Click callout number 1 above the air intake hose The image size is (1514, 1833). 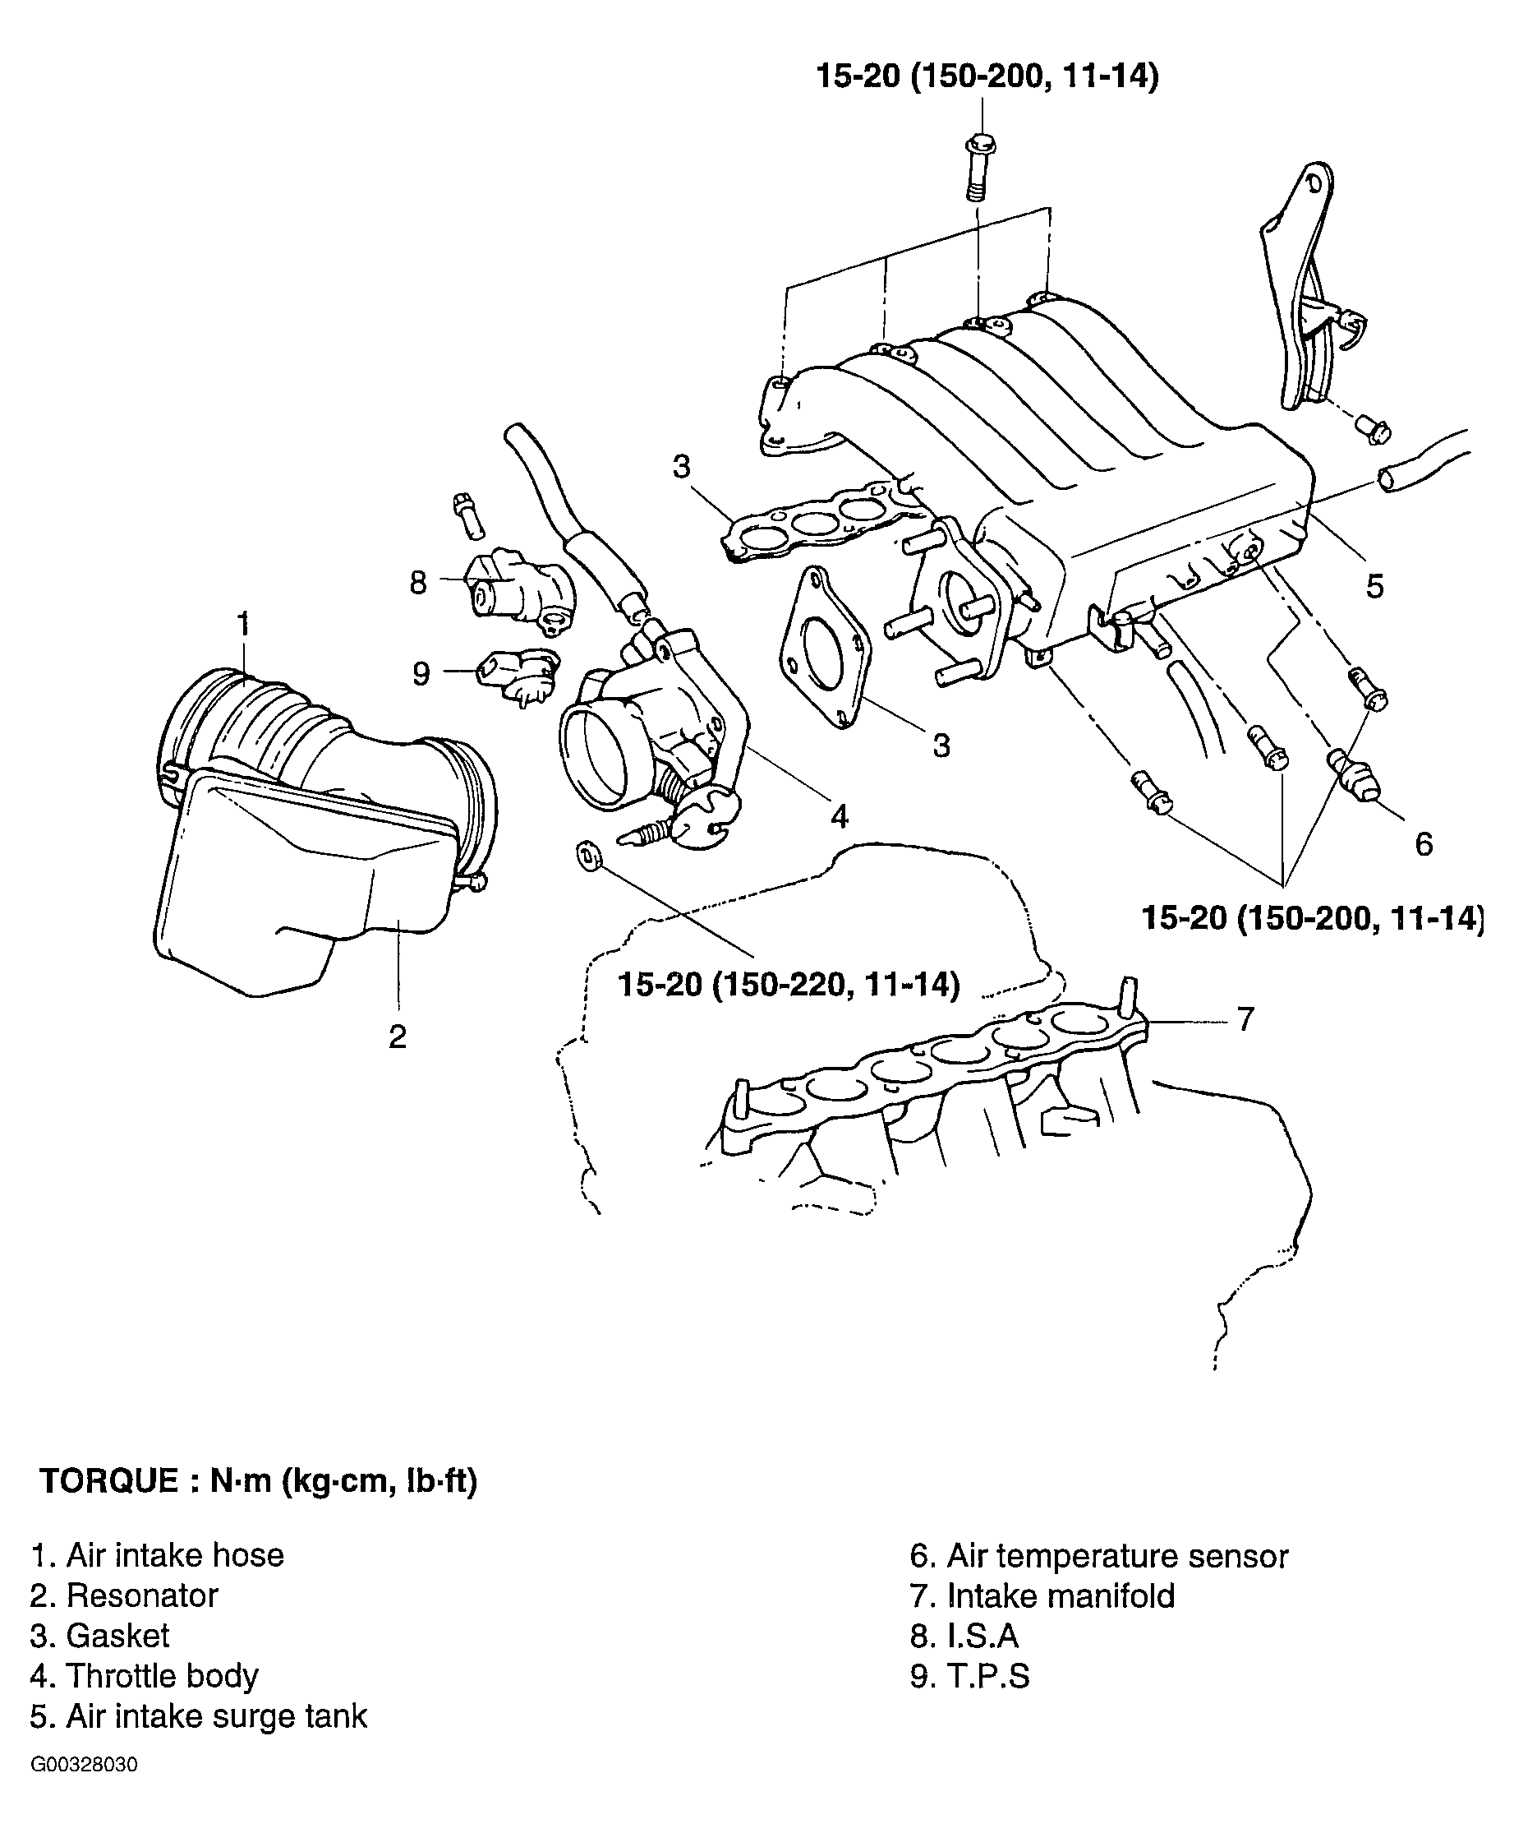243,624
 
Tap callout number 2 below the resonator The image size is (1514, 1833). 398,1037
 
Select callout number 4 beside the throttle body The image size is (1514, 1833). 839,816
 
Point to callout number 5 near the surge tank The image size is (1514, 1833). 1374,586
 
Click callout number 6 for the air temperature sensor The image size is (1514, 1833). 1424,843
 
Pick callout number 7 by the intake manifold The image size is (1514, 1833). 1245,1018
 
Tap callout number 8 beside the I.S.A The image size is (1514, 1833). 419,583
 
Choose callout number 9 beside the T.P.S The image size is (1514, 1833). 421,673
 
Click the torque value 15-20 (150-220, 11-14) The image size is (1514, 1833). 789,985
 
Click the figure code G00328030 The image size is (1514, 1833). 84,1765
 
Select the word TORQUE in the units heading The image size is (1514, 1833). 109,1480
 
